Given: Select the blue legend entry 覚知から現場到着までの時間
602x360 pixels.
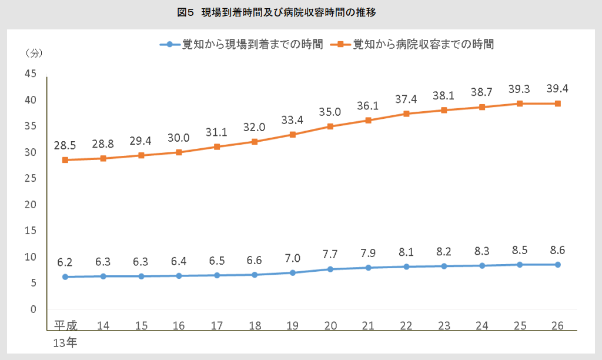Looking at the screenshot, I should pos(242,44).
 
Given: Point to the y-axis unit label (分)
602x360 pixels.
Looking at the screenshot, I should pos(34,52).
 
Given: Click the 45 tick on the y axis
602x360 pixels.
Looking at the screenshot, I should pos(30,74).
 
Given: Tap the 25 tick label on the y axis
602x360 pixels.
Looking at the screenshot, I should pos(30,178).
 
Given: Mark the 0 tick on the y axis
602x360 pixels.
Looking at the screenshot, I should pos(34,309).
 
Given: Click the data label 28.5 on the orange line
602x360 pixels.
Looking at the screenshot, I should pos(66,145).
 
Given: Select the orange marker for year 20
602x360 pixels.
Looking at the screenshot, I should pos(330,126).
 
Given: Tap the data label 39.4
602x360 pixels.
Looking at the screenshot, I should pos(557,88).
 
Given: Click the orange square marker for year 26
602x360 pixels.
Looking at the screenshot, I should pos(557,104).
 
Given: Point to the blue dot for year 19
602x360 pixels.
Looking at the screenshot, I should pos(292,272).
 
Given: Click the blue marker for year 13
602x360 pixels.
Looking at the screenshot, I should pos(65,276).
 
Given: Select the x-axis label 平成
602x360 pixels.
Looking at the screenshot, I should pos(66,325).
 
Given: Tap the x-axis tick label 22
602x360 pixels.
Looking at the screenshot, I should pos(406,325).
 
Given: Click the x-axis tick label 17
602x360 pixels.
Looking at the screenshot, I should pos(217,325).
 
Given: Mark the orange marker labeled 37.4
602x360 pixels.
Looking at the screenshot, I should pos(406,114).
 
